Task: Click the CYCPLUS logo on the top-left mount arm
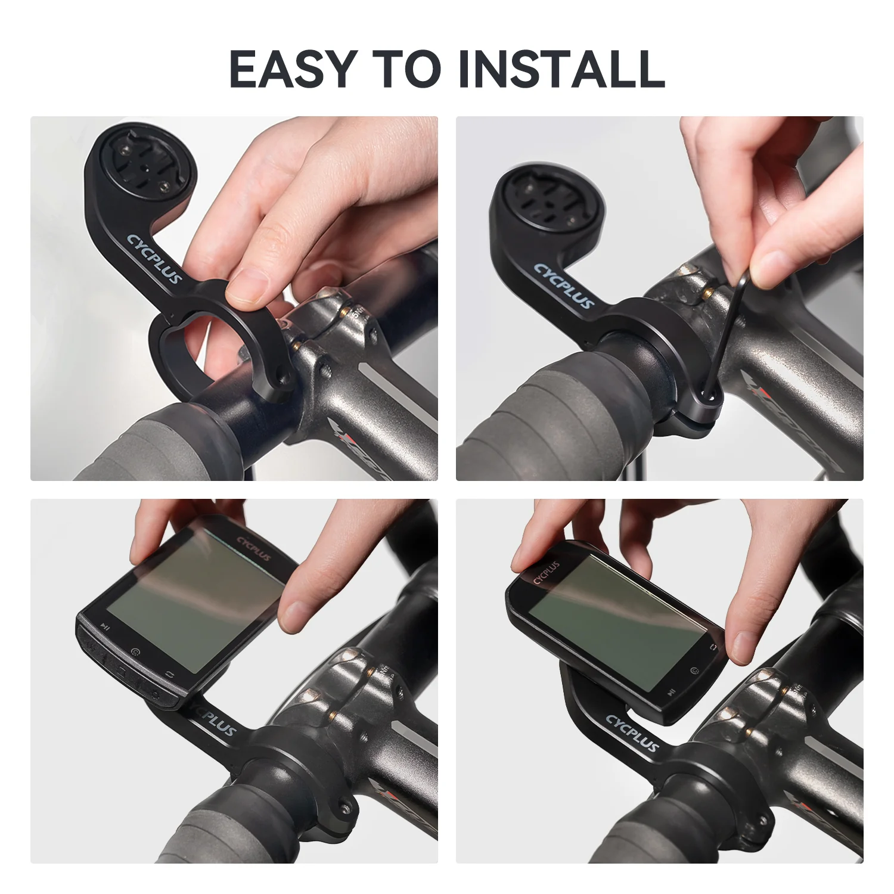pos(154,259)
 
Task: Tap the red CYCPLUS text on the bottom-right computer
pos(546,572)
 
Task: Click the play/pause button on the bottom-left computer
pos(105,626)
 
